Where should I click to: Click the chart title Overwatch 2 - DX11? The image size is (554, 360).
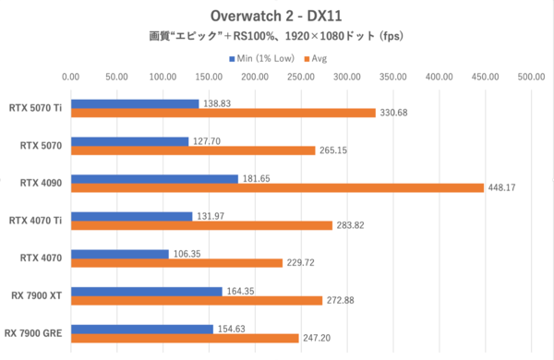click(x=276, y=16)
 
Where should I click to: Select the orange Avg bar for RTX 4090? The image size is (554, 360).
click(x=277, y=188)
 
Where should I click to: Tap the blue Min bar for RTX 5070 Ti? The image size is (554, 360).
click(x=135, y=104)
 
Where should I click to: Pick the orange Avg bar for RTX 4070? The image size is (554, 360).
click(x=176, y=263)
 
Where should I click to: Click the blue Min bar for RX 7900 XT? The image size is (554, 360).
click(x=147, y=292)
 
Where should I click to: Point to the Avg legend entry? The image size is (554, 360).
click(x=315, y=58)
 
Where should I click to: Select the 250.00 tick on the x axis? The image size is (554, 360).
click(x=301, y=78)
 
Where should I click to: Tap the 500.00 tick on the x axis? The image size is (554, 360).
click(x=531, y=78)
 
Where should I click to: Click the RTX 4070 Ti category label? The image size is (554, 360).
click(x=35, y=220)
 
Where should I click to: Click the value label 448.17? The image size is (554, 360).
click(x=503, y=188)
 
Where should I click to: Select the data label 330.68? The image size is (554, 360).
click(x=395, y=114)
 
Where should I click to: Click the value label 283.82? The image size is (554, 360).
click(x=352, y=225)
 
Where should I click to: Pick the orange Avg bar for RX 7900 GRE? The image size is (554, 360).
click(x=185, y=338)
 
